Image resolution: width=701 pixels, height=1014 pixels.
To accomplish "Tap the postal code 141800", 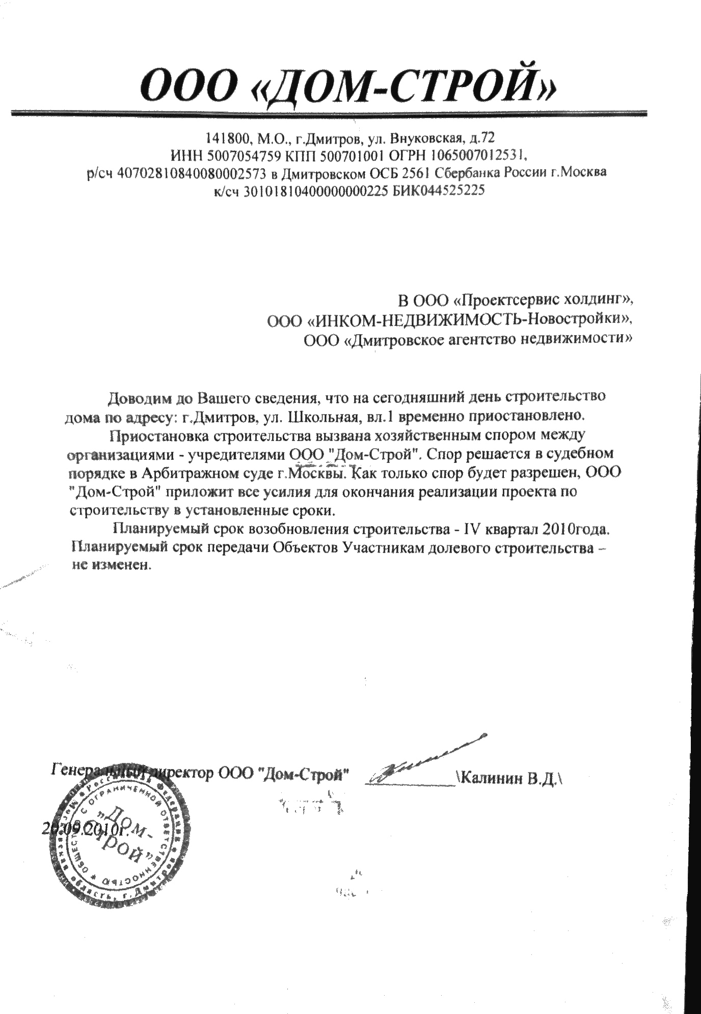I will (x=223, y=138).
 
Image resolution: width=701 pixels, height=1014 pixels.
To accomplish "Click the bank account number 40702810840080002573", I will (x=192, y=173).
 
